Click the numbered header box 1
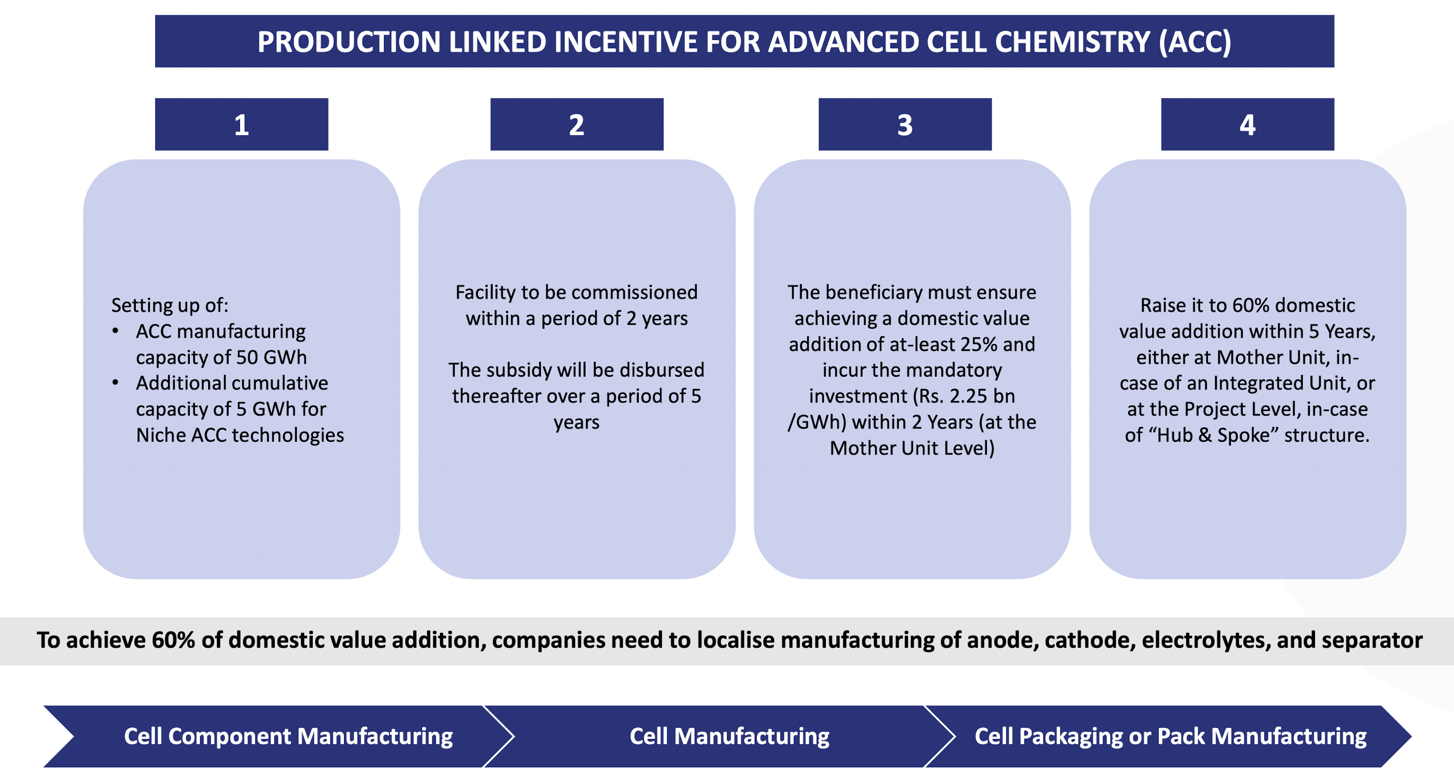click(x=241, y=124)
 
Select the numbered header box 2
click(x=576, y=124)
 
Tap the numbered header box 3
click(x=905, y=124)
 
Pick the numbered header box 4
click(x=1247, y=124)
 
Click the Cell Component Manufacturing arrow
click(x=288, y=736)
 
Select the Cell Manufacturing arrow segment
click(x=729, y=736)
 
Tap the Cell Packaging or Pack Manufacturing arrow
click(x=1170, y=736)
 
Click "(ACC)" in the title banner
click(x=1195, y=42)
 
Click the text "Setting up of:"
click(x=170, y=305)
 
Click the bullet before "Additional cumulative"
click(x=116, y=383)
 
